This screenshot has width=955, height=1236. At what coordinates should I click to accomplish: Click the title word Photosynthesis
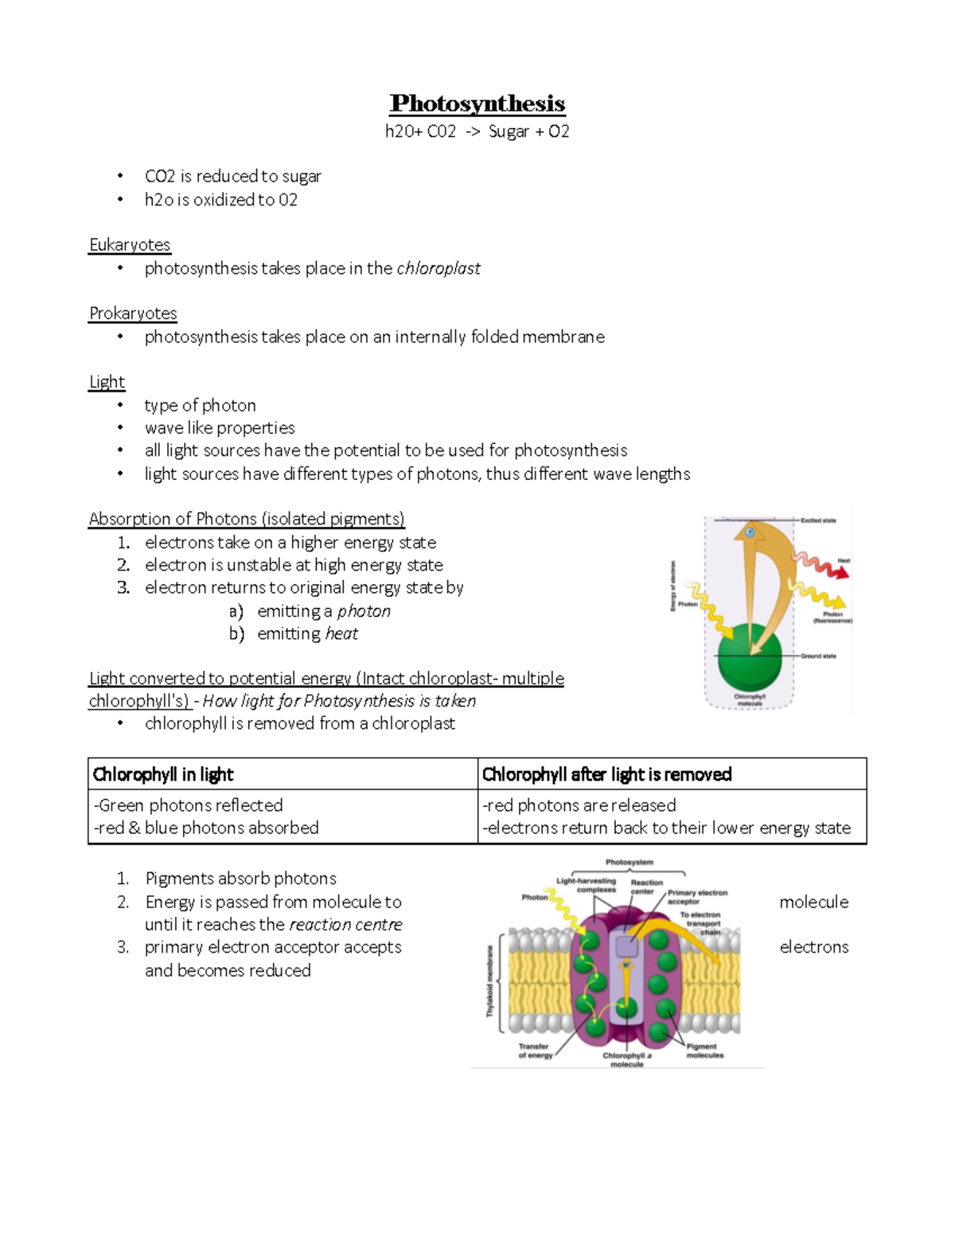click(477, 103)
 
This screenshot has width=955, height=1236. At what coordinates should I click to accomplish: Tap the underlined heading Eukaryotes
click(130, 244)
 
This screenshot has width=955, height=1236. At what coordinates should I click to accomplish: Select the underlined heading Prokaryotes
click(133, 313)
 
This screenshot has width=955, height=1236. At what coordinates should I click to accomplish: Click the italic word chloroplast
click(438, 268)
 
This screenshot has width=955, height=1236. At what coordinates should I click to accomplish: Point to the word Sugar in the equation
click(509, 131)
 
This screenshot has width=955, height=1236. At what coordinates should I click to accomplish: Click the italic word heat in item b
click(341, 634)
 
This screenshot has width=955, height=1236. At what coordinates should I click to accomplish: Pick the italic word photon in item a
click(364, 611)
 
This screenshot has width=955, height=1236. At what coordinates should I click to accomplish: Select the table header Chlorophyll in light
click(163, 774)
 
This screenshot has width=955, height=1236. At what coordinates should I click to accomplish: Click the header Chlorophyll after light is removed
click(606, 774)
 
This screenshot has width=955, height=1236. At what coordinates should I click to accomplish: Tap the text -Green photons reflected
click(188, 805)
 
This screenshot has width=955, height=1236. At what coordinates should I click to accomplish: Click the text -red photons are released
click(579, 805)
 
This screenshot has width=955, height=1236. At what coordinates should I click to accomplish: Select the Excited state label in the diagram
click(817, 521)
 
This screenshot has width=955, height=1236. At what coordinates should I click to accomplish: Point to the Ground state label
click(817, 657)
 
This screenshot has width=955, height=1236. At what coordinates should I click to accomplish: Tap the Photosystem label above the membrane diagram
click(629, 862)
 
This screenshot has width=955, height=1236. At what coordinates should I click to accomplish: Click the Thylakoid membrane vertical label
click(489, 981)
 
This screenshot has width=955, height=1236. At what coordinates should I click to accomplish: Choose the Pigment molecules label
click(704, 1051)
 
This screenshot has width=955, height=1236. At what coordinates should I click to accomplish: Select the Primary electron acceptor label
click(697, 897)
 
